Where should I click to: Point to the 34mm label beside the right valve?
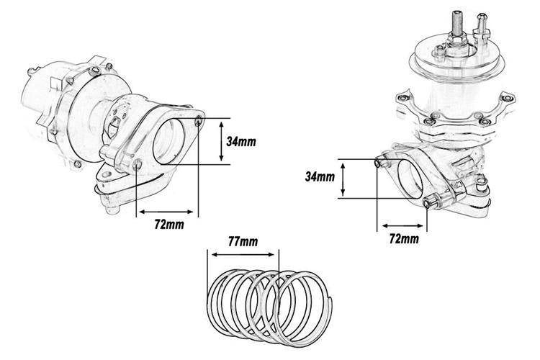[320, 176]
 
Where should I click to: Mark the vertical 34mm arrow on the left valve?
[220, 141]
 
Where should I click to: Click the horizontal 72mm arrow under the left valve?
[166, 212]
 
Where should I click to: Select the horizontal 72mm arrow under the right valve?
[401, 225]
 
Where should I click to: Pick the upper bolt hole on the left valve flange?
[197, 119]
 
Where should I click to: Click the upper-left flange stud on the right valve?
[379, 163]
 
